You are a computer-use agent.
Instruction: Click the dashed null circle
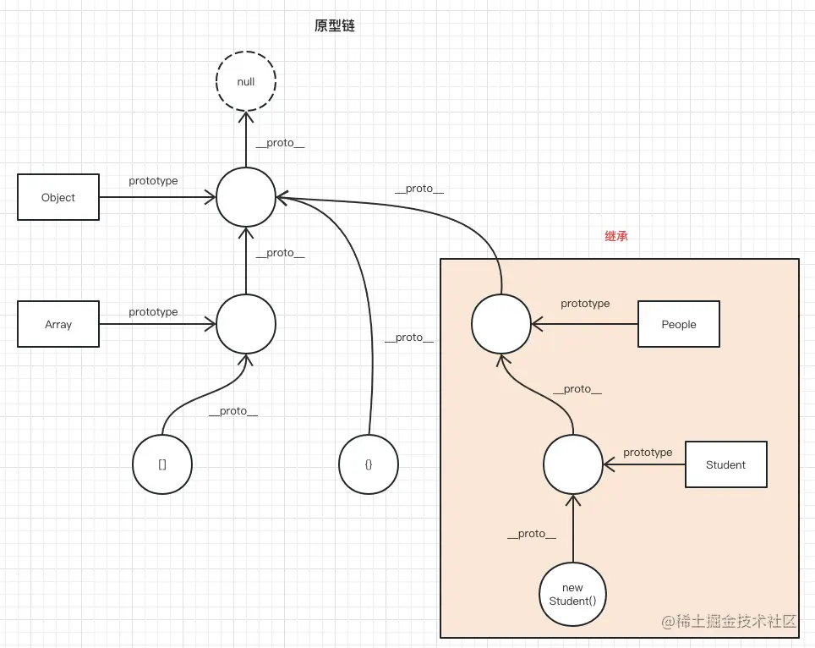(246, 82)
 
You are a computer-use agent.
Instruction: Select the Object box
(58, 197)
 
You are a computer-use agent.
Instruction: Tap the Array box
(58, 324)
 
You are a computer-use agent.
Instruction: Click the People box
(678, 324)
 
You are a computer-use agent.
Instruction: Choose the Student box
(725, 464)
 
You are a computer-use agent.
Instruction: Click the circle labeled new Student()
(572, 595)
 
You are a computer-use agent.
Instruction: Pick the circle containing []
(162, 464)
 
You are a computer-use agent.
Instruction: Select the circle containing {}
(369, 464)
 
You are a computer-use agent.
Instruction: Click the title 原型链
(335, 26)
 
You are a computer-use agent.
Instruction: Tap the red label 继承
(616, 237)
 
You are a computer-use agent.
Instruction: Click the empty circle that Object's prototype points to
(246, 197)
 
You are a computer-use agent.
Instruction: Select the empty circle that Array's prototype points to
(246, 324)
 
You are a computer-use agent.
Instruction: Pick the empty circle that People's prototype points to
(501, 324)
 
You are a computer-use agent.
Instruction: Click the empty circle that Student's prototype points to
(572, 464)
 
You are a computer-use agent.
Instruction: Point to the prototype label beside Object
(153, 181)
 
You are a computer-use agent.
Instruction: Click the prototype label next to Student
(648, 453)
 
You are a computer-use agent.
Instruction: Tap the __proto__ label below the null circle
(280, 143)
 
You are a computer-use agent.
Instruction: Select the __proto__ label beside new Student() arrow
(532, 534)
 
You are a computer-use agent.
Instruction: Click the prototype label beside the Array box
(153, 312)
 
